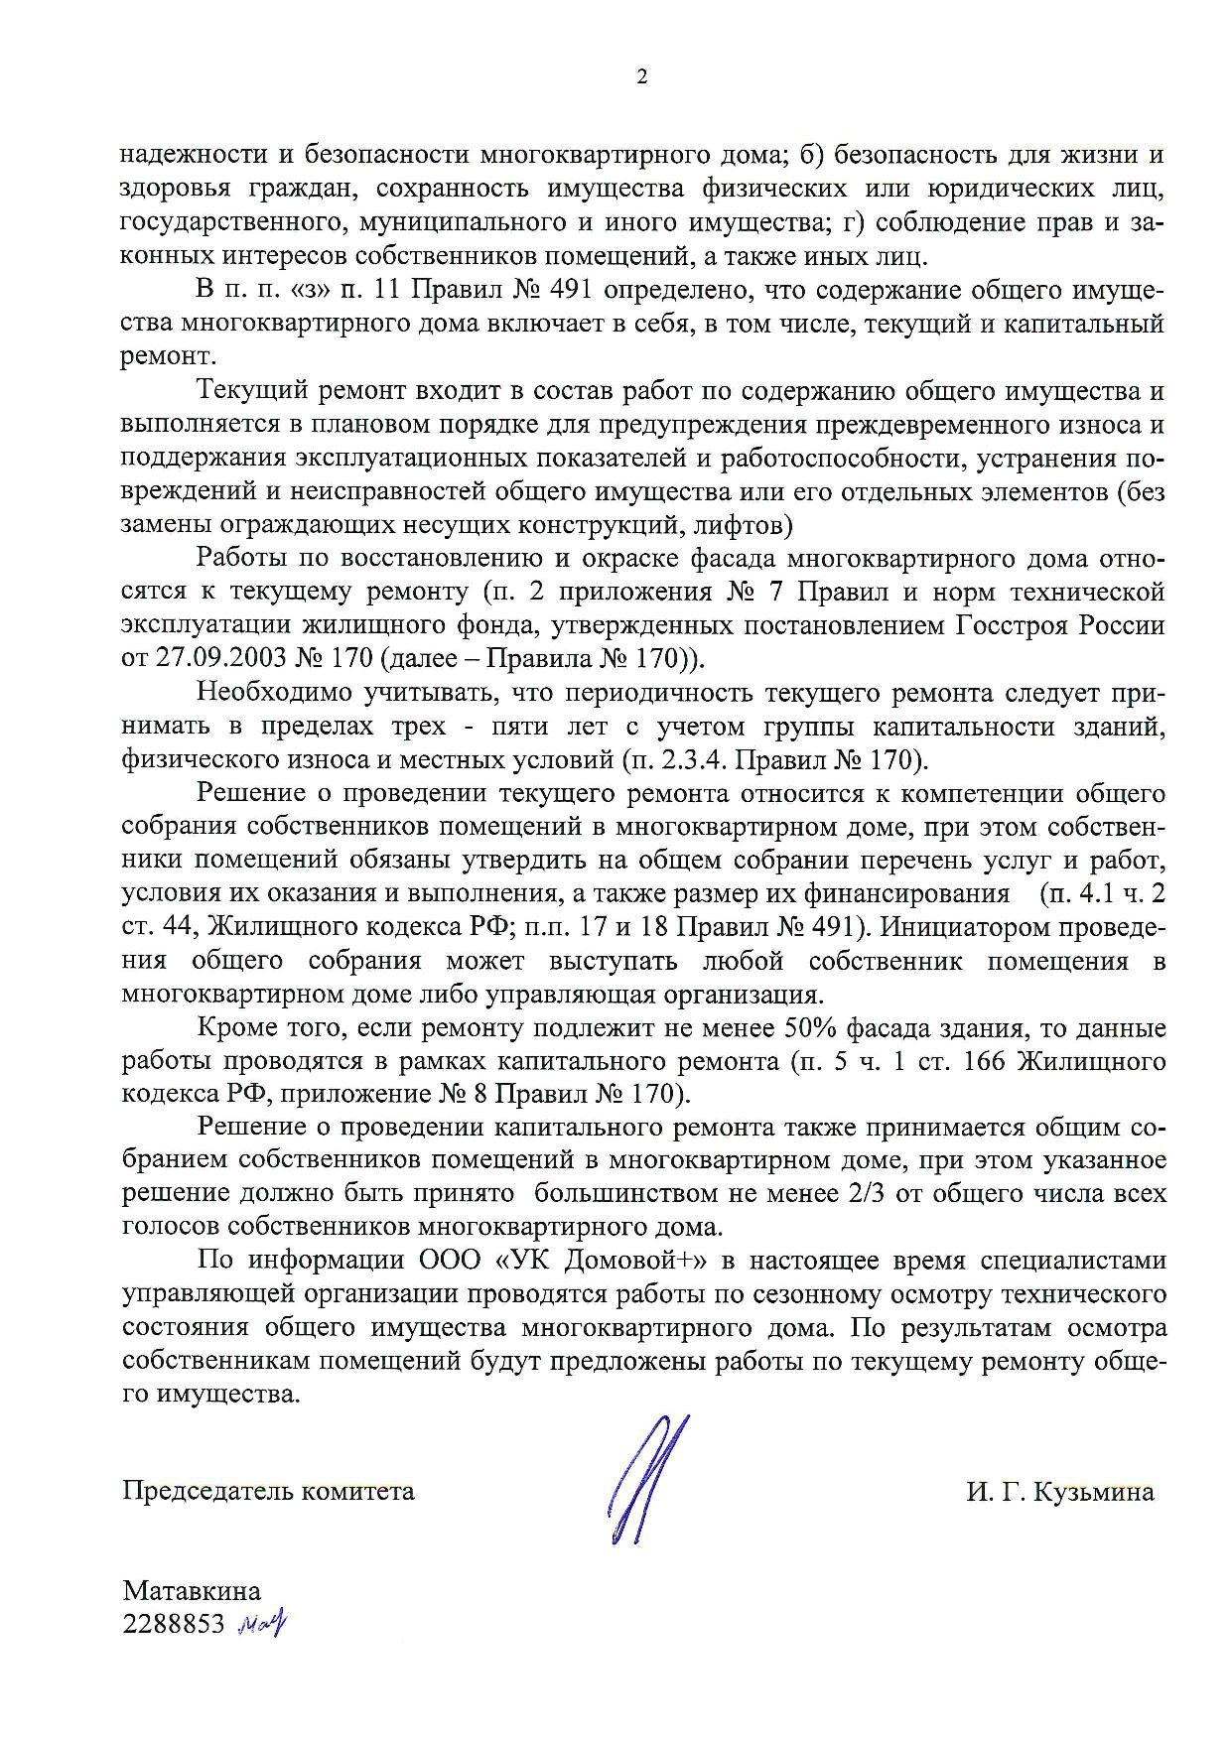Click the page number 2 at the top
[x=641, y=77]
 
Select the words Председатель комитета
[x=268, y=1491]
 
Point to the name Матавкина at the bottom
[x=192, y=1591]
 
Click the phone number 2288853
[x=175, y=1624]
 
